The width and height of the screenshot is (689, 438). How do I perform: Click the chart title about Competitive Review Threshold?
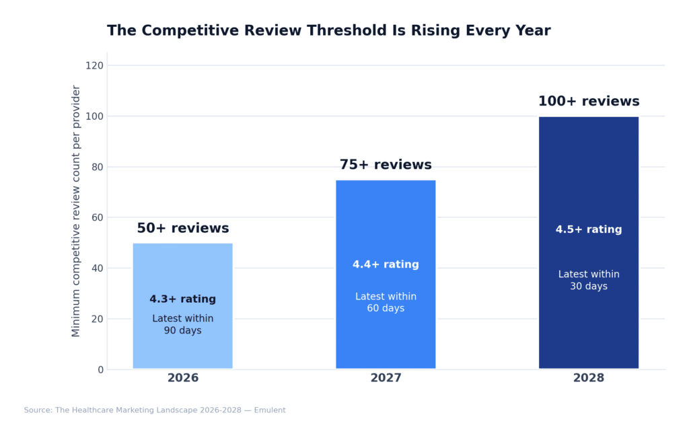pos(328,31)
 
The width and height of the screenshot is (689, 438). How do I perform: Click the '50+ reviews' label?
pos(182,229)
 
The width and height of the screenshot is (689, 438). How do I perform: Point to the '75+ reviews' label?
pos(386,166)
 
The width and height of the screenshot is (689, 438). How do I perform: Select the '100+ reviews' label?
pos(588,102)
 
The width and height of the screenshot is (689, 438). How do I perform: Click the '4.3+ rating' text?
pos(182,299)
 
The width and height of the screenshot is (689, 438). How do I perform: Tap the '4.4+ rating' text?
pos(386,265)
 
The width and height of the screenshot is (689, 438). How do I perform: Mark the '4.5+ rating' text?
pos(588,230)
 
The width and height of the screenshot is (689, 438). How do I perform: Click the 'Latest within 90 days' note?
pos(182,325)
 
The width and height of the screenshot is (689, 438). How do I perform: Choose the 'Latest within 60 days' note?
pos(386,303)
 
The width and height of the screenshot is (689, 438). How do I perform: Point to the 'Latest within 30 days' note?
pos(588,281)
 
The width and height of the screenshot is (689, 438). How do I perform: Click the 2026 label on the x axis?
pos(182,378)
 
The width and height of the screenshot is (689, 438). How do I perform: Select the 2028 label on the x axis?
pos(588,378)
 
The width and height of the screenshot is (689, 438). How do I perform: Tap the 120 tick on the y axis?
pos(94,66)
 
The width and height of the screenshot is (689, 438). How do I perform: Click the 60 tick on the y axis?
pos(97,217)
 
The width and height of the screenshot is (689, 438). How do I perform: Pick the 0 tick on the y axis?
pos(100,369)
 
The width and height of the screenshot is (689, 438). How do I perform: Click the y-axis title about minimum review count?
pos(76,211)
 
